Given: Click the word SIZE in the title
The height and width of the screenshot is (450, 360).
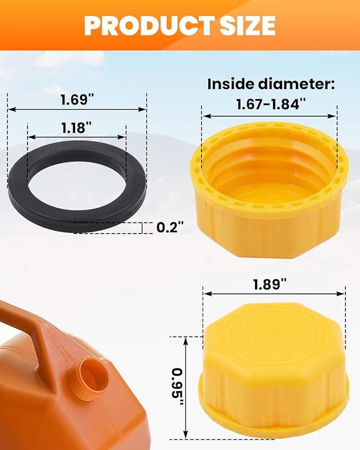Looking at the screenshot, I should [246, 24].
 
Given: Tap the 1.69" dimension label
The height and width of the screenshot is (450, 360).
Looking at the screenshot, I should [76, 99].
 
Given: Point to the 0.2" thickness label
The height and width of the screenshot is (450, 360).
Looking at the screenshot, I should [170, 228].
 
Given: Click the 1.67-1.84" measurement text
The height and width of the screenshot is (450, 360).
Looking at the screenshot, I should [270, 104].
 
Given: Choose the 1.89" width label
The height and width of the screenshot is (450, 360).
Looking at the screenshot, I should [274, 284].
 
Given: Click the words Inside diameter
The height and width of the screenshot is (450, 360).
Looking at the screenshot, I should [270, 84].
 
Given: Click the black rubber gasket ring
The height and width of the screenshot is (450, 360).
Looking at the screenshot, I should [21, 186].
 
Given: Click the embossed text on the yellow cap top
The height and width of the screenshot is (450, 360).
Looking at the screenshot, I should [275, 334].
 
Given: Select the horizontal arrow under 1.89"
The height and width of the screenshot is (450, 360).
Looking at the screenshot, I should [274, 293].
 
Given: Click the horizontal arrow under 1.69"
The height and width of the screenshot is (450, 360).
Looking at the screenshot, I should [77, 110].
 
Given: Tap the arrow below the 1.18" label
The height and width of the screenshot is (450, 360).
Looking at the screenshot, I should [77, 137].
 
